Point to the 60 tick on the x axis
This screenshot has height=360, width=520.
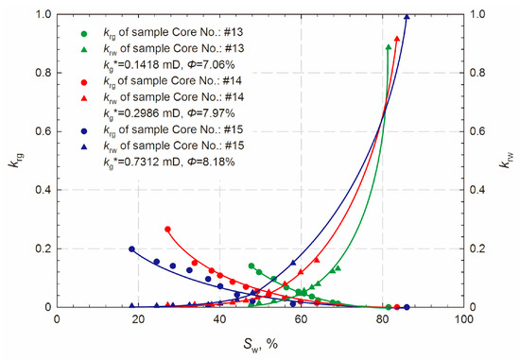[301, 319]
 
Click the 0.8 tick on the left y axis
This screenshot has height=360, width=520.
[43, 74]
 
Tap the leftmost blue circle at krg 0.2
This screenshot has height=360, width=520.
[131, 249]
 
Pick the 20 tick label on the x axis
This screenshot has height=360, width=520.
[138, 319]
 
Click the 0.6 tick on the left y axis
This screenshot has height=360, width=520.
[43, 132]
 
